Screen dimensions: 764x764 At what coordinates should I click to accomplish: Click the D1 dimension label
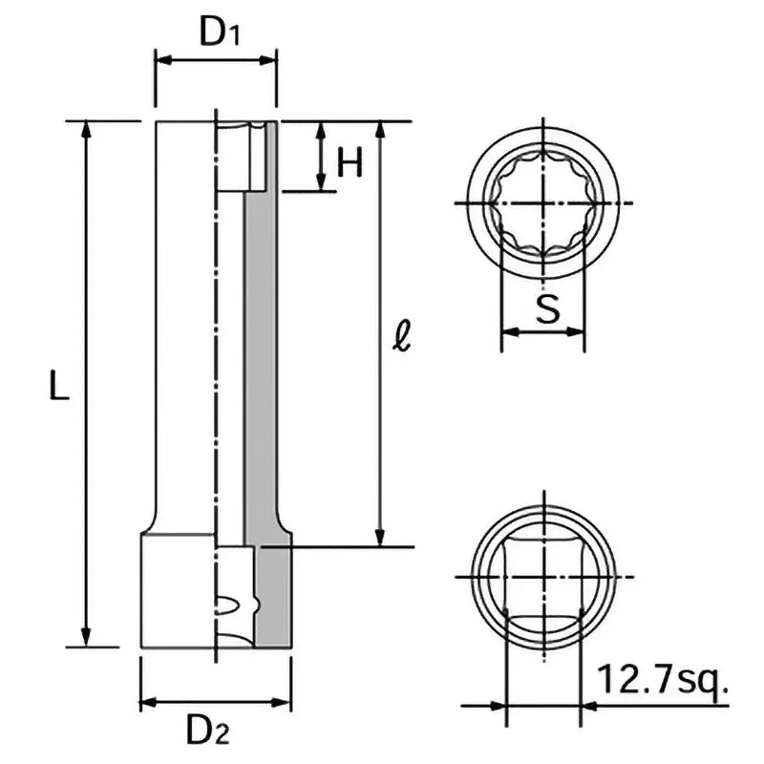(220, 32)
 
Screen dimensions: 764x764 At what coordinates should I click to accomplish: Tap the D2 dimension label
(208, 731)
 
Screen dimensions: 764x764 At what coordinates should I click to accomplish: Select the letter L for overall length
(59, 385)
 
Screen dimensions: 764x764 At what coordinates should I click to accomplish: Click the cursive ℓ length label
(402, 335)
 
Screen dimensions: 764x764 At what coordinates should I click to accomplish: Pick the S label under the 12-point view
(547, 308)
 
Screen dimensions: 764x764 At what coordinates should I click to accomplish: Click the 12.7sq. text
(662, 680)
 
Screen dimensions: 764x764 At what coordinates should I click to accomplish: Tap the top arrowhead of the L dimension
(86, 130)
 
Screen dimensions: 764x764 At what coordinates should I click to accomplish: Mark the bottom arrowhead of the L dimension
(86, 638)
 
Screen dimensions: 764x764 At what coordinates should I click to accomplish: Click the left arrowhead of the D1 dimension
(164, 60)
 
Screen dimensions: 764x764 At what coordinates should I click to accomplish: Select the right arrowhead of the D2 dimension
(282, 703)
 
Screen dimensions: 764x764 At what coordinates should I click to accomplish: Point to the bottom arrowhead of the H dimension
(321, 182)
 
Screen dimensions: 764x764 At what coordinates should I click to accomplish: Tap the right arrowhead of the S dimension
(575, 331)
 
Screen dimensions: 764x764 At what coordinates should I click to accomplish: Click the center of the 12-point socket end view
(543, 202)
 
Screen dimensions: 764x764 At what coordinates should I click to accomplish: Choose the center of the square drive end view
(544, 577)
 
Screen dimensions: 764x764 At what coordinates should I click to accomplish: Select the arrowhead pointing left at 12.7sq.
(591, 705)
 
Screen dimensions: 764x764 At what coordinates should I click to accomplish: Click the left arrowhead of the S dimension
(510, 331)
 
